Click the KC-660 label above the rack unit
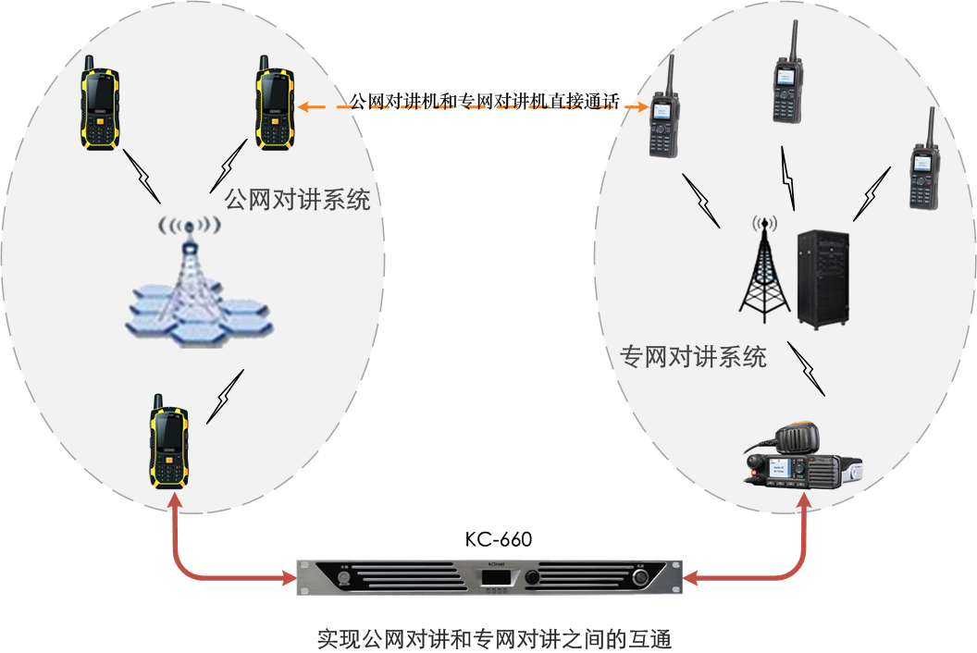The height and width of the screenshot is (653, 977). (498, 538)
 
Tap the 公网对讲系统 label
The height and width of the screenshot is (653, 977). (296, 199)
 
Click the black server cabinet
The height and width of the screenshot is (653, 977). (822, 277)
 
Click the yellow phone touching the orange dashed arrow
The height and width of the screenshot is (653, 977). (275, 103)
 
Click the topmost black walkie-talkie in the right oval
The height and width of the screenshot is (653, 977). (787, 79)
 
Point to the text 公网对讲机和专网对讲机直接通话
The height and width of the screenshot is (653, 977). (483, 102)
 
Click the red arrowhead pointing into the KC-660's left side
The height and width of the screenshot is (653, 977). (287, 580)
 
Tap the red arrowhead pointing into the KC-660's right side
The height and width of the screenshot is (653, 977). (692, 578)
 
